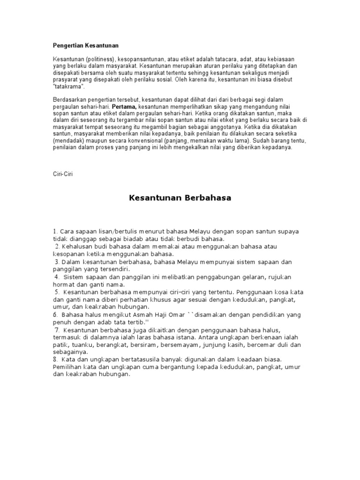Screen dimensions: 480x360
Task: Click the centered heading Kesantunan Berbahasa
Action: [180, 198]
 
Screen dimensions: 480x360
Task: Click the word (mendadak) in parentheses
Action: [70, 140]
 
